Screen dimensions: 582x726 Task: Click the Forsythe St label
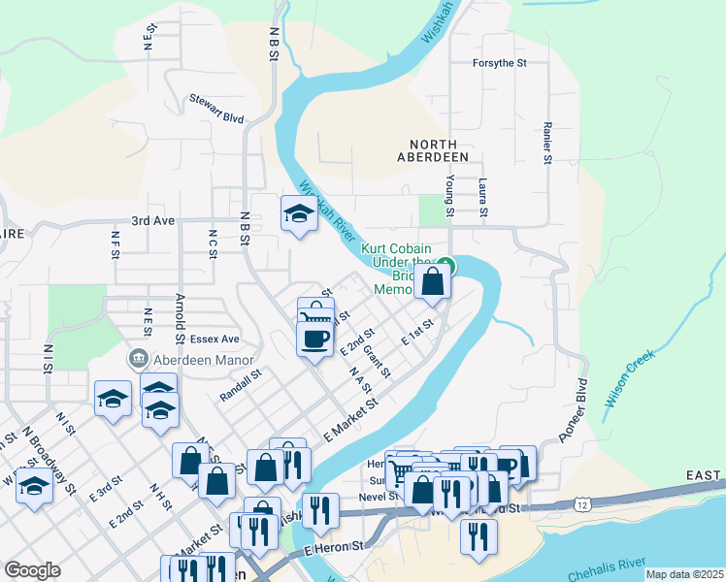[x=499, y=63]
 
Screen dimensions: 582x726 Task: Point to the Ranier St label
[x=548, y=144]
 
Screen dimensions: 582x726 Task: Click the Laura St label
[x=482, y=198]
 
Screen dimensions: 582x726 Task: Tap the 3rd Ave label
[x=153, y=221]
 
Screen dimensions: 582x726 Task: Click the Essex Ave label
[x=214, y=339]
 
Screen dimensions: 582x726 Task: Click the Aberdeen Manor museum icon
[x=138, y=358]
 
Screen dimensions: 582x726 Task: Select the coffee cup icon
[x=315, y=339]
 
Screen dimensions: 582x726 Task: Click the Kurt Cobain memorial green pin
[x=445, y=263]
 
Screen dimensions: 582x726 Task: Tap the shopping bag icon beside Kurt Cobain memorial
[x=433, y=282]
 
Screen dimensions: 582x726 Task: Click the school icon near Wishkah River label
[x=299, y=213]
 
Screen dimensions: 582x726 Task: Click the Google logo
[x=32, y=570]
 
